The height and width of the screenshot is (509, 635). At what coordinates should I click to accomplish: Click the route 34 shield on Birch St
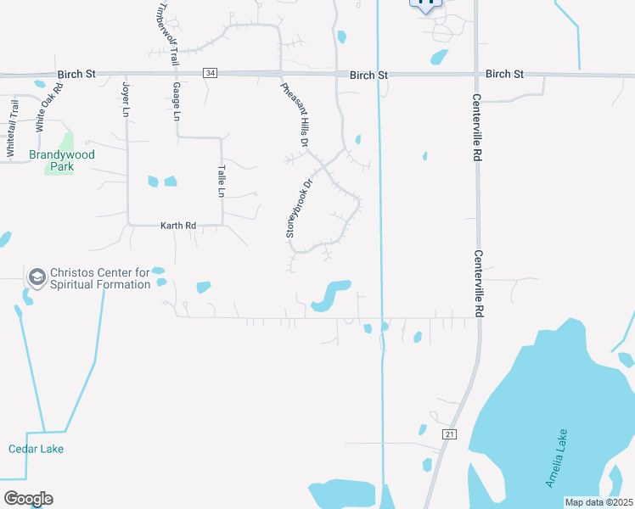pos(210,75)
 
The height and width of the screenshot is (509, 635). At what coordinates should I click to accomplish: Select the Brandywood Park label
pos(62,160)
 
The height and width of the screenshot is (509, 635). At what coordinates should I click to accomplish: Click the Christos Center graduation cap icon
pos(37,277)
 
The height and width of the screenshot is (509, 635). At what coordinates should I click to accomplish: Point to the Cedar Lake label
pos(36,449)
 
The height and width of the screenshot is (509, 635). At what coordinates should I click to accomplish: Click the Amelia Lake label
pos(557,458)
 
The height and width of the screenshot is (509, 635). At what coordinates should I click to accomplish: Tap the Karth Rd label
pos(178,226)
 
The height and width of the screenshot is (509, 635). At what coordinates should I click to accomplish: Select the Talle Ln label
pos(222,181)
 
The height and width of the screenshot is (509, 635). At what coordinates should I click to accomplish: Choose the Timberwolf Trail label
pos(168,34)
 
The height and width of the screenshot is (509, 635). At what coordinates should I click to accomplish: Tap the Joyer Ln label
pos(126,99)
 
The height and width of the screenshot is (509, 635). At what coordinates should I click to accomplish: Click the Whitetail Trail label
pos(12,128)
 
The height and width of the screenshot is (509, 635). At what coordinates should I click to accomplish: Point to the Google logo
pos(28,498)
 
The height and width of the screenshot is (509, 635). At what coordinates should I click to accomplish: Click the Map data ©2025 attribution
pos(598,502)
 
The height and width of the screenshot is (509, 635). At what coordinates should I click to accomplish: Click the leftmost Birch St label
pos(76,75)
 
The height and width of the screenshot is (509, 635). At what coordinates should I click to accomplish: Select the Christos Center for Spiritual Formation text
pos(100,278)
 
